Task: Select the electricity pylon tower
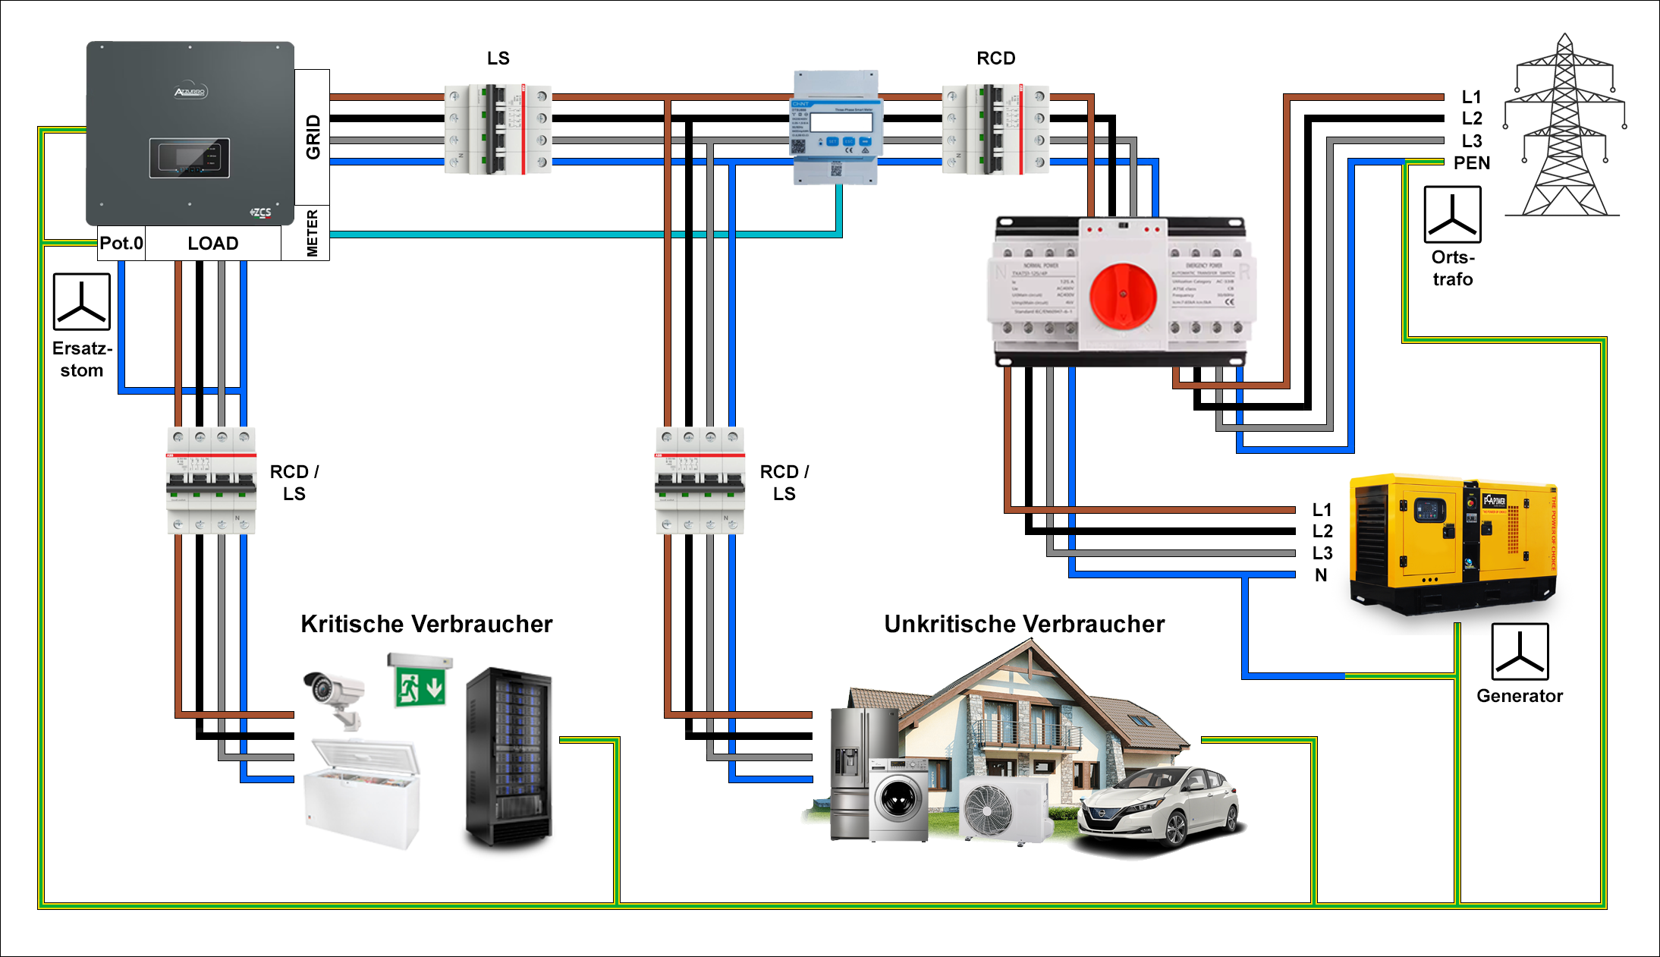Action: pos(1564,129)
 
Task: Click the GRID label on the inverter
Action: pos(313,137)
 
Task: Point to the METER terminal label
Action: pos(312,233)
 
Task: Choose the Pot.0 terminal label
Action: pos(121,244)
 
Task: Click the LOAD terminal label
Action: pos(213,244)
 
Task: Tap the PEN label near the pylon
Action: pos(1471,163)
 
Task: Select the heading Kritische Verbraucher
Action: pos(426,624)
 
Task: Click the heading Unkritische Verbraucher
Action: pos(1024,624)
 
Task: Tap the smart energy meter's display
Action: pos(841,122)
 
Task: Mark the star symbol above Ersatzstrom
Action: pos(82,302)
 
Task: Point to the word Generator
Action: pos(1519,696)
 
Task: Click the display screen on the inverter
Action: pos(190,159)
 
